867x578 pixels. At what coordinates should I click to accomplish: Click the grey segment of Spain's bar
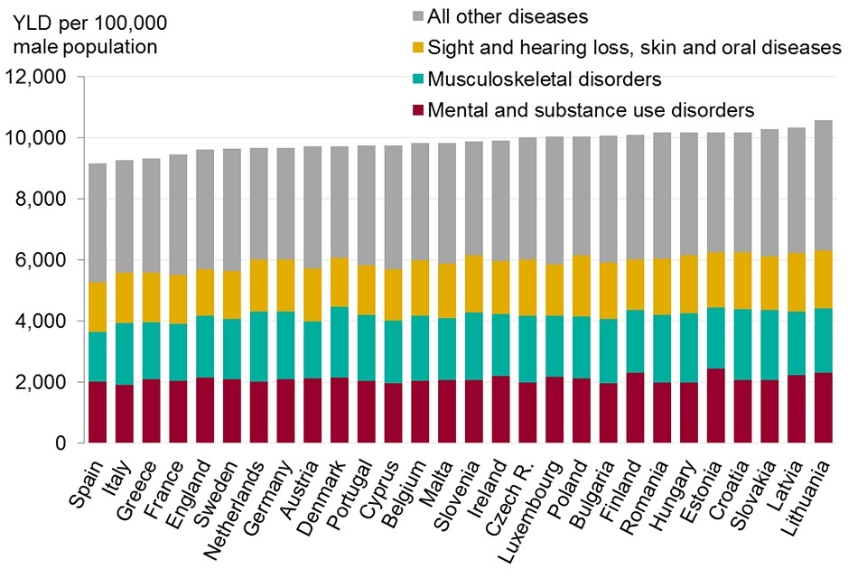tap(98, 222)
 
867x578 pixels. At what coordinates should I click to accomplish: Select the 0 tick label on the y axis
tap(61, 443)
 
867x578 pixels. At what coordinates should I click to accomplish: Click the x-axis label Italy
tap(120, 478)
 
